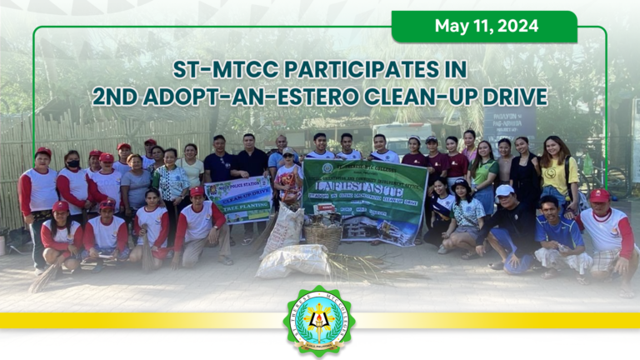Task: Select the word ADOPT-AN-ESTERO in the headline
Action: (249, 96)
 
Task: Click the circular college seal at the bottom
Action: (319, 321)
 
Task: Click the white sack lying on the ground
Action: (293, 261)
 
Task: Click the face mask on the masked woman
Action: (73, 164)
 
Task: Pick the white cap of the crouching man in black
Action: (505, 191)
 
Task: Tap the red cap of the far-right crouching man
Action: (598, 195)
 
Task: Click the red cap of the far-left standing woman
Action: (43, 152)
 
